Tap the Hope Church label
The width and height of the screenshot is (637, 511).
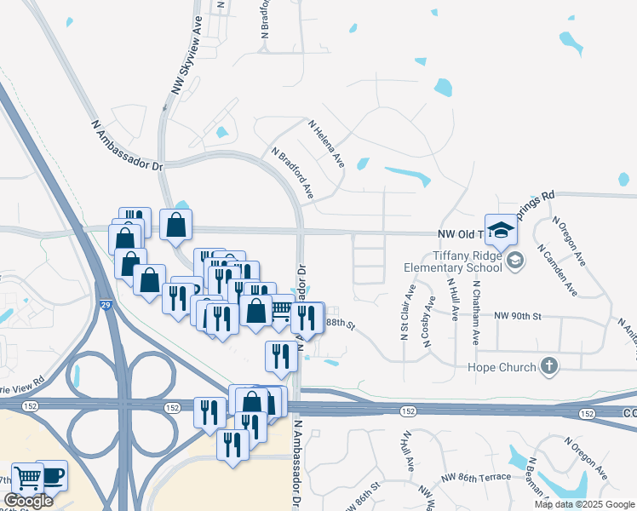click(x=502, y=367)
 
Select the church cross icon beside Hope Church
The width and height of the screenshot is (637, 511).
click(x=550, y=367)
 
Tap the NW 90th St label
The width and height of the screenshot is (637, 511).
click(x=519, y=316)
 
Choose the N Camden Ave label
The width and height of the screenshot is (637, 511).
click(x=556, y=271)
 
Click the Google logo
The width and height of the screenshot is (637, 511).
click(x=28, y=501)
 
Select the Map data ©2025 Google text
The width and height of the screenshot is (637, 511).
click(x=584, y=504)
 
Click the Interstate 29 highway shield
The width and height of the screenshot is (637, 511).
click(x=109, y=305)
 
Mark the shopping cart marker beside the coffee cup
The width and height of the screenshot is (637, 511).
click(x=27, y=479)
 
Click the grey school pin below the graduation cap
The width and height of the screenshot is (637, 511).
click(x=514, y=260)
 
